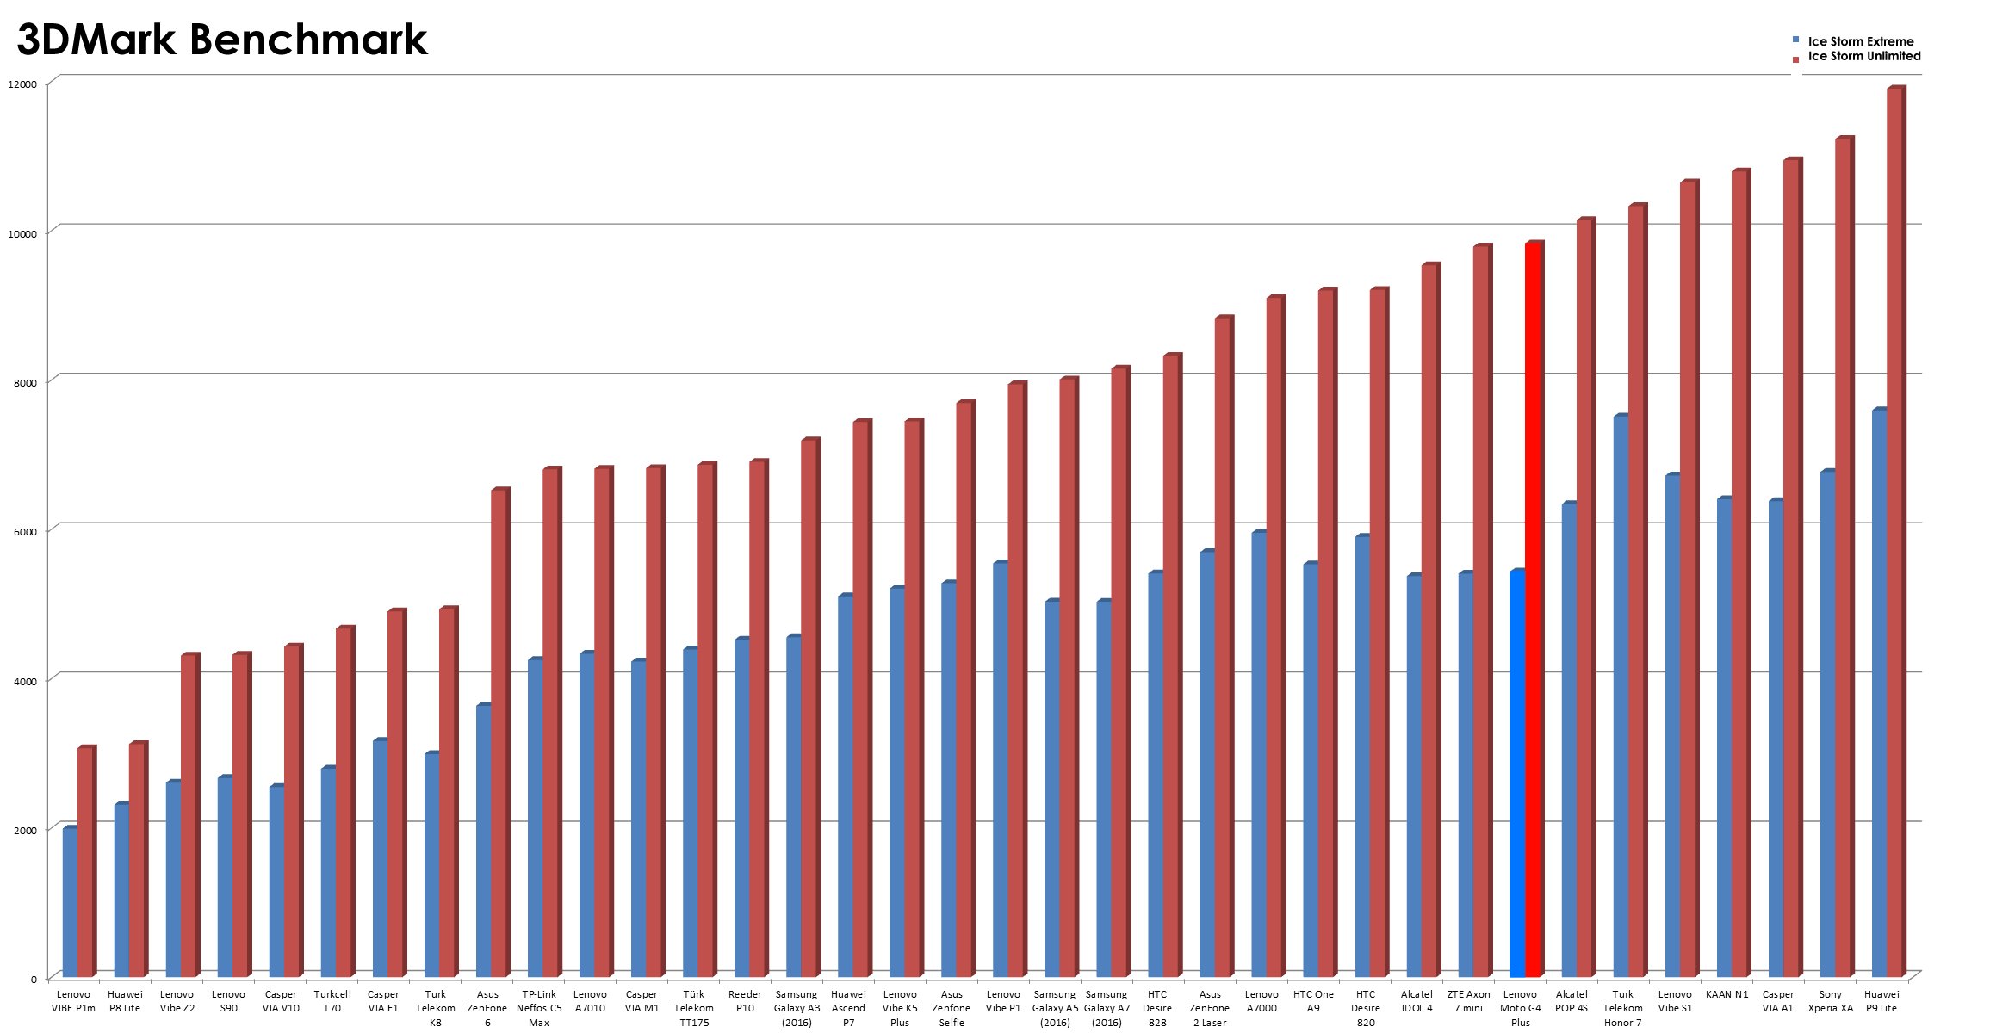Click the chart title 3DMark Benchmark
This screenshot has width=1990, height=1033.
(x=222, y=40)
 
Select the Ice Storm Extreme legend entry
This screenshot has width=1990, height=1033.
(x=1860, y=41)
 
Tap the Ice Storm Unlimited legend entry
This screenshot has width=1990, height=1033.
(x=1863, y=56)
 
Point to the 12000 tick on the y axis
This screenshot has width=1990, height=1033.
(x=22, y=84)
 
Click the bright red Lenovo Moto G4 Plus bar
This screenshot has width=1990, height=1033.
(x=1533, y=611)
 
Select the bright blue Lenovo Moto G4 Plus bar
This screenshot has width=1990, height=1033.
(x=1516, y=775)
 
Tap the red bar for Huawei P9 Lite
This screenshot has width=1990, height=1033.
(x=1894, y=534)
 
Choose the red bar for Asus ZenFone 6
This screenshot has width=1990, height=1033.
(x=499, y=732)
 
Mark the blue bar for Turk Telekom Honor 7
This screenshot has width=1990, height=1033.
(x=1620, y=697)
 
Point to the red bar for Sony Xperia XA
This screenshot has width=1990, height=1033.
(x=1842, y=560)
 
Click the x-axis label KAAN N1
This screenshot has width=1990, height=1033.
(x=1727, y=994)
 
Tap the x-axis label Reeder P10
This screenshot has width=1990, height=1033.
(x=745, y=1000)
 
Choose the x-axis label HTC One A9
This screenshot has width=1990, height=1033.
(x=1313, y=1000)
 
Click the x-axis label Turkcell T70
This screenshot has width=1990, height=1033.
(x=332, y=1000)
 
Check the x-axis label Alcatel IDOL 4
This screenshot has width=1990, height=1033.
(x=1417, y=1000)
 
